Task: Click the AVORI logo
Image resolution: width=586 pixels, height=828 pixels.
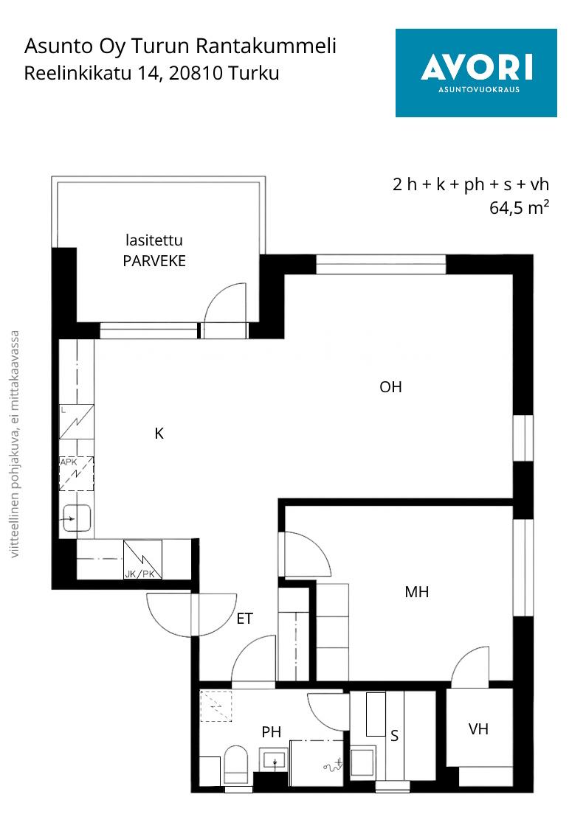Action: pyautogui.click(x=476, y=72)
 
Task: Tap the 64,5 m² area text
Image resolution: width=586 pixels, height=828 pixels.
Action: pyautogui.click(x=519, y=207)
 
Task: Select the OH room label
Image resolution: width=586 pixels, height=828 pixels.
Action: pyautogui.click(x=390, y=387)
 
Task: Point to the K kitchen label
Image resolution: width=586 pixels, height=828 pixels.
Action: pyautogui.click(x=159, y=434)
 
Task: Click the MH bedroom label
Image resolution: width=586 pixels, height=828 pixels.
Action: pyautogui.click(x=416, y=592)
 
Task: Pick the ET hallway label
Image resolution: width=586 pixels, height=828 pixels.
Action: pyautogui.click(x=244, y=619)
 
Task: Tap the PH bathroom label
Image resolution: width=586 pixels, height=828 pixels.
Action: pyautogui.click(x=271, y=732)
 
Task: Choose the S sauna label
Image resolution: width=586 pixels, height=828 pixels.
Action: pyautogui.click(x=394, y=736)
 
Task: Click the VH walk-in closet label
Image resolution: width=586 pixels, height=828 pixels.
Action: pyautogui.click(x=478, y=729)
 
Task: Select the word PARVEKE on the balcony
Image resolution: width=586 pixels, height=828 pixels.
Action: pyautogui.click(x=154, y=261)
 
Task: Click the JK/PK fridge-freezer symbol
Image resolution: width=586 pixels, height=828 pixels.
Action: pyautogui.click(x=142, y=559)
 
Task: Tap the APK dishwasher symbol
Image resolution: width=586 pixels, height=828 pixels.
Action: pyautogui.click(x=76, y=473)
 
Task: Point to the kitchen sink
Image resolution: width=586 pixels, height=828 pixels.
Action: pyautogui.click(x=77, y=518)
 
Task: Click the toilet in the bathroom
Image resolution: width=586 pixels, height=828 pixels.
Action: pyautogui.click(x=235, y=765)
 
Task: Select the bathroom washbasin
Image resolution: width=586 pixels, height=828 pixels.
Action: pyautogui.click(x=275, y=760)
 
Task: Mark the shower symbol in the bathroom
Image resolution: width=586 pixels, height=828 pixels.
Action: pyautogui.click(x=334, y=765)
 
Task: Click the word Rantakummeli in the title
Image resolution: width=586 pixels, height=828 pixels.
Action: pyautogui.click(x=266, y=46)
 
